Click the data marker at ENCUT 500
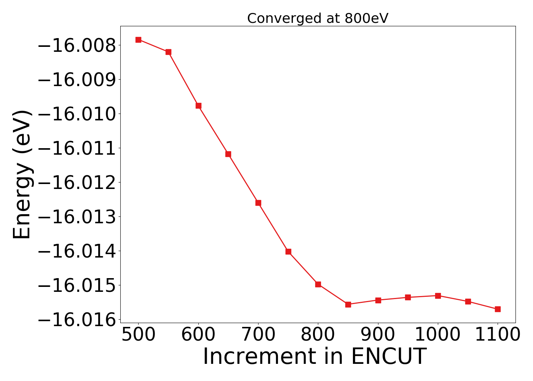[x=138, y=40]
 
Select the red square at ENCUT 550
[x=168, y=52]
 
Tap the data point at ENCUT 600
[x=198, y=106]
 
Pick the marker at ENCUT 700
[x=258, y=203]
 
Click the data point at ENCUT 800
[x=318, y=284]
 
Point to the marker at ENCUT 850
[x=348, y=304]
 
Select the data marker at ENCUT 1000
[x=438, y=296]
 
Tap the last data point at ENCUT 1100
[x=498, y=309]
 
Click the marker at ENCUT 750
[x=288, y=251]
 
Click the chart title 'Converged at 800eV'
[x=318, y=18]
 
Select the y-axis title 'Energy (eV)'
[x=22, y=174]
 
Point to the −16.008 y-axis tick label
[x=77, y=45]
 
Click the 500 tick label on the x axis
[x=138, y=335]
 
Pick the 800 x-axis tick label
[x=318, y=335]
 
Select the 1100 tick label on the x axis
[x=498, y=335]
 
